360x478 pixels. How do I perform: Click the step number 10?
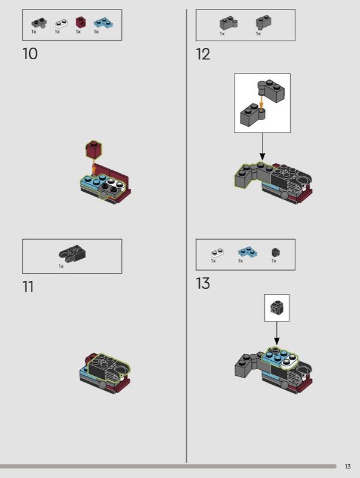tap(30, 54)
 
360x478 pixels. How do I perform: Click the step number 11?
tap(28, 287)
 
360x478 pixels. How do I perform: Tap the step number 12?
tap(203, 54)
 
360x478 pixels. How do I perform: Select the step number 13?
tap(203, 283)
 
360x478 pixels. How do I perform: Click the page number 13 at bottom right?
tap(348, 467)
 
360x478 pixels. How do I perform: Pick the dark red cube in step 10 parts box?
tap(80, 22)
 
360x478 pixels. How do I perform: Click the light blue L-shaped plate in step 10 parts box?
tap(103, 23)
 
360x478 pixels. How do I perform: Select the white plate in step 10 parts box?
tap(62, 23)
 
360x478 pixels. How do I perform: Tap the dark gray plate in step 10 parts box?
tap(39, 23)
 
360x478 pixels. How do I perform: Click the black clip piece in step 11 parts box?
tap(72, 253)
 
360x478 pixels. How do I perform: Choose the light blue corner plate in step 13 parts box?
tap(248, 251)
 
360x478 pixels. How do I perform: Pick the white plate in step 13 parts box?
tap(217, 253)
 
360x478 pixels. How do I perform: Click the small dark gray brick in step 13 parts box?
tap(276, 252)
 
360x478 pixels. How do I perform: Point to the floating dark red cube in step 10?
tap(94, 149)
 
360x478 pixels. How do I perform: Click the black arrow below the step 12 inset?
tap(262, 146)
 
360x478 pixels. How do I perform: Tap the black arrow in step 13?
tap(277, 333)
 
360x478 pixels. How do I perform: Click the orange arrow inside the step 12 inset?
tap(261, 102)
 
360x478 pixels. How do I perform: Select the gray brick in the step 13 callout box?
tap(276, 307)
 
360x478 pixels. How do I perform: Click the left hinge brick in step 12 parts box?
tap(228, 23)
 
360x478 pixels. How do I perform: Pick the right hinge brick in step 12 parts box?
tap(264, 22)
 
